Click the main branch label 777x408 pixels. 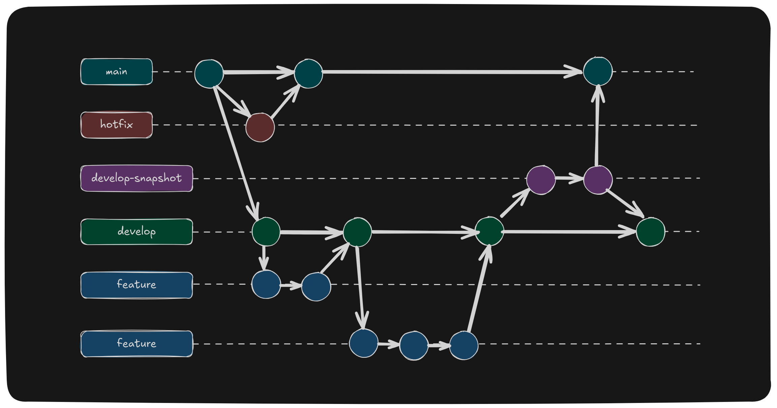pyautogui.click(x=117, y=72)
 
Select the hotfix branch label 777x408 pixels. pyautogui.click(x=117, y=125)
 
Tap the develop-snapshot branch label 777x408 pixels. pyautogui.click(x=137, y=178)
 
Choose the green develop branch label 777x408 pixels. pyautogui.click(x=137, y=232)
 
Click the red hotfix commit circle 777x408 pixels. pyautogui.click(x=260, y=127)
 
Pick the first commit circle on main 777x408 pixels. pyautogui.click(x=209, y=74)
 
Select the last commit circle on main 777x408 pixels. pyautogui.click(x=598, y=71)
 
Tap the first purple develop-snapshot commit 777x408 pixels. pyautogui.click(x=541, y=180)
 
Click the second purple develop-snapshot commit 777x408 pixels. pyautogui.click(x=598, y=180)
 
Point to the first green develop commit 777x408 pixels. pyautogui.click(x=266, y=231)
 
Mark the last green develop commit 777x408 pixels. pyautogui.click(x=650, y=232)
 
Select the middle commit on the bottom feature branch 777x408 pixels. pyautogui.click(x=414, y=345)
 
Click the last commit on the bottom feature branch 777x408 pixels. pyautogui.click(x=464, y=345)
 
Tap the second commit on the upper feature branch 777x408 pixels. pyautogui.click(x=316, y=287)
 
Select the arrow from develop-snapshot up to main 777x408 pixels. pyautogui.click(x=597, y=125)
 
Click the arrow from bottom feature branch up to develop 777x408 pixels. pyautogui.click(x=479, y=288)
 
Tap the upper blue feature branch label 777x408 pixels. pyautogui.click(x=137, y=285)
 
